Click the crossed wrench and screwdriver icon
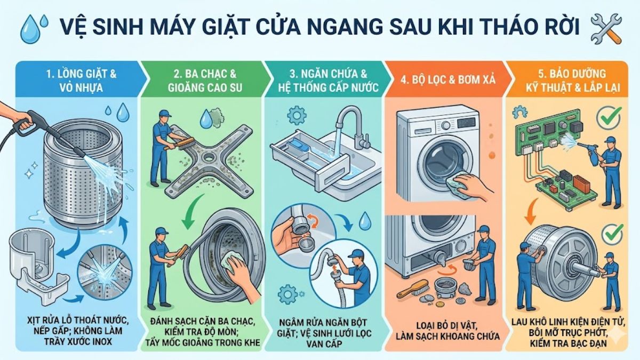pos(606,29)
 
